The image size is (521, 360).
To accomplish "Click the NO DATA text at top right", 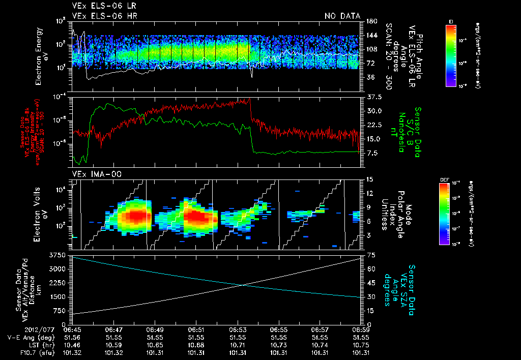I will click(342, 16).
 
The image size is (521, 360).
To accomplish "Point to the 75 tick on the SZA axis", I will click(371, 255).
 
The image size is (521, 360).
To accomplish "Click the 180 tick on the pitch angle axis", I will click(371, 21).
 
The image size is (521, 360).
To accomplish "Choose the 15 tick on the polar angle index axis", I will click(370, 179).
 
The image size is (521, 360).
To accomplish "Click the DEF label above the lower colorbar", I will click(444, 180).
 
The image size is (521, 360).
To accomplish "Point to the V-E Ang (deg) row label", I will click(28, 337).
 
